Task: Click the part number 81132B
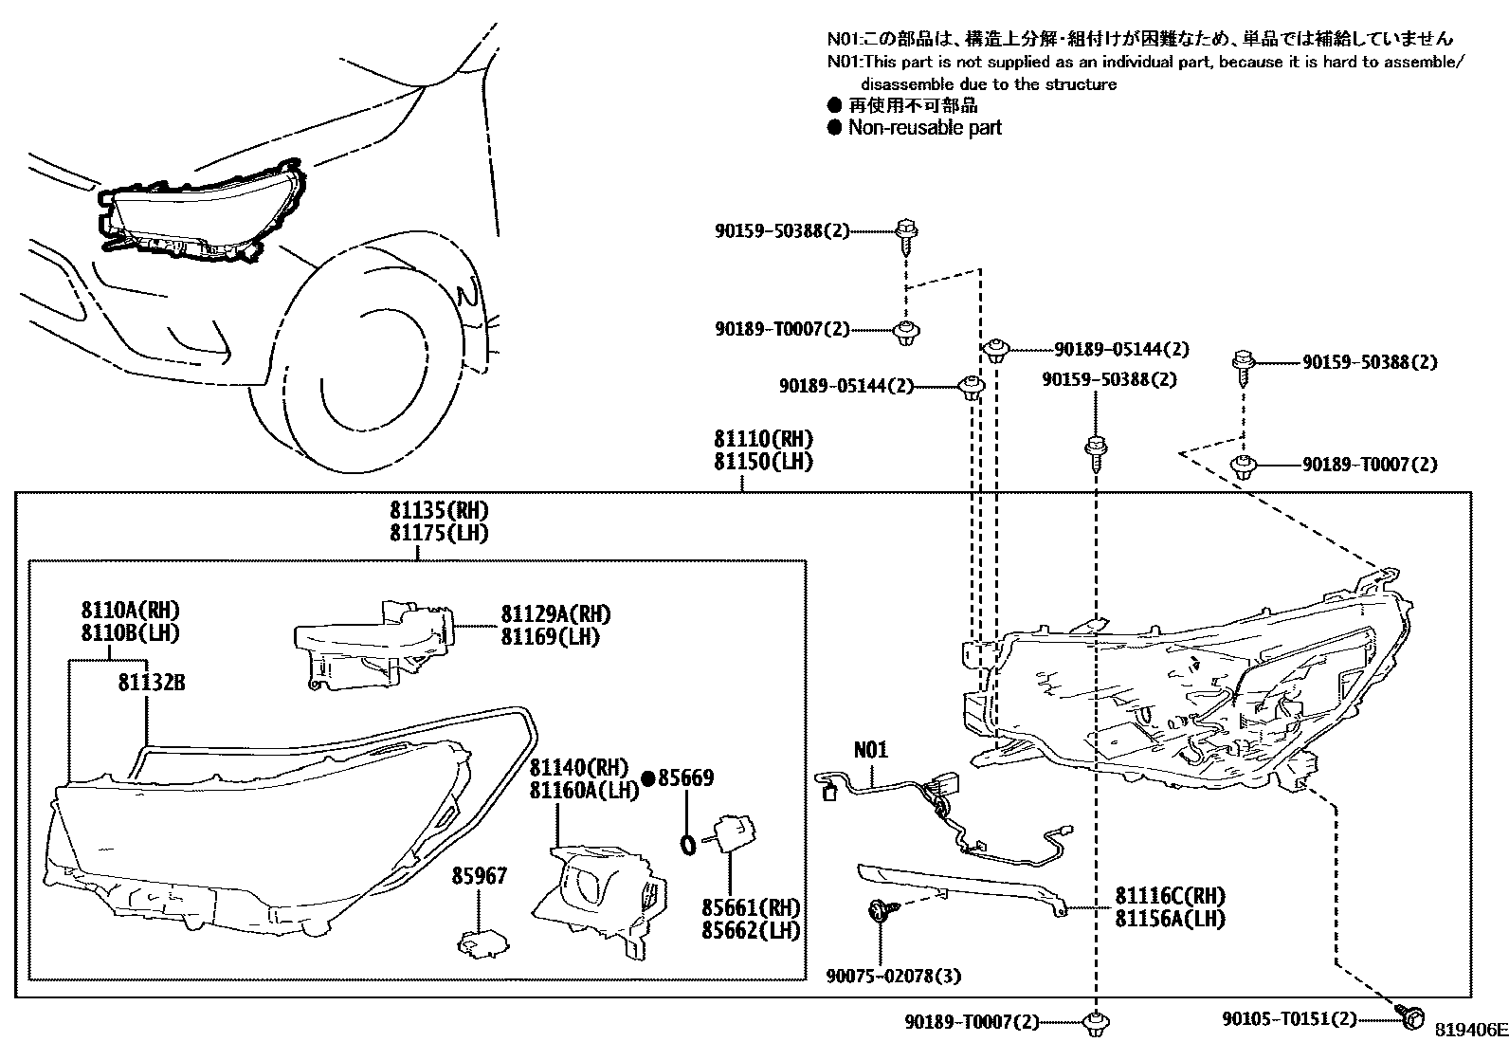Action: pos(152,682)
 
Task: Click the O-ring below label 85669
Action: pos(689,843)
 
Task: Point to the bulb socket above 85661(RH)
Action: pos(734,833)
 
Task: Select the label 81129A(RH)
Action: pos(555,613)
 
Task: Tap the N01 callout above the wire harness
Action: pos(871,750)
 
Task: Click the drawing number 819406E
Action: pos(1469,1030)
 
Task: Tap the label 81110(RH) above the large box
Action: pos(763,440)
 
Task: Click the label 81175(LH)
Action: pos(439,534)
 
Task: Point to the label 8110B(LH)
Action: pos(130,633)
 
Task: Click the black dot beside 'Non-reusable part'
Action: pos(834,128)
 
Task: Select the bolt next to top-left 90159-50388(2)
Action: pos(907,233)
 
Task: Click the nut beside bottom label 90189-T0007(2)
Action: pos(1096,1022)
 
